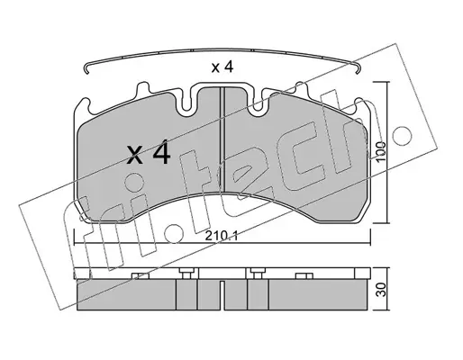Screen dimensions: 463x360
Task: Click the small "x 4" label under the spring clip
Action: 222,67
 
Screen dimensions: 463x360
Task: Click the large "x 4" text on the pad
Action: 149,154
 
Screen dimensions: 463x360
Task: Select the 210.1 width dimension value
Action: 222,236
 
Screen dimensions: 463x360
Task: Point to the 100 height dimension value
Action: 380,151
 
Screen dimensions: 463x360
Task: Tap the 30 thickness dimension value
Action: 381,290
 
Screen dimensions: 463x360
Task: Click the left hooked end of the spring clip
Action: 86,68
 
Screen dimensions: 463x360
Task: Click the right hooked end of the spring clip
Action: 357,68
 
